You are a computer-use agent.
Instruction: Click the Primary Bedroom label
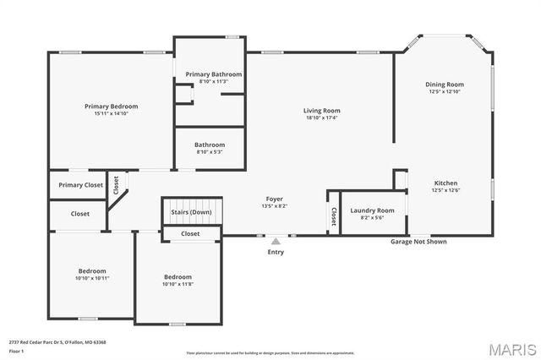(111, 106)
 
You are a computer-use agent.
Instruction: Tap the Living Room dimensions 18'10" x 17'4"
(321, 118)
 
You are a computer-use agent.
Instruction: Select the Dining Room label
(445, 85)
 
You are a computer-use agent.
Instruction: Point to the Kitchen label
(445, 183)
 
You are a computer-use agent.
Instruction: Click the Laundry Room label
(373, 210)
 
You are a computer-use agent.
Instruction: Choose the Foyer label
(273, 198)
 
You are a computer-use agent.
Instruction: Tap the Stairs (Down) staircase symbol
(191, 211)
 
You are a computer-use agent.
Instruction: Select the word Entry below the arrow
(276, 252)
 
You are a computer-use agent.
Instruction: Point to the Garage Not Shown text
(418, 242)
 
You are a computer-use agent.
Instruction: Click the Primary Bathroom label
(214, 74)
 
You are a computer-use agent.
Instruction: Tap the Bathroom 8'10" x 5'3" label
(210, 145)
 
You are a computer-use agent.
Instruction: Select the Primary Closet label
(80, 185)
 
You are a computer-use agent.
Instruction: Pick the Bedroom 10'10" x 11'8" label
(178, 277)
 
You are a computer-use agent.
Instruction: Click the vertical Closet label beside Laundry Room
(333, 215)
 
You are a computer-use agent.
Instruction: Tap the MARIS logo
(511, 349)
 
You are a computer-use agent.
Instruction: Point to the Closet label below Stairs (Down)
(190, 233)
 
